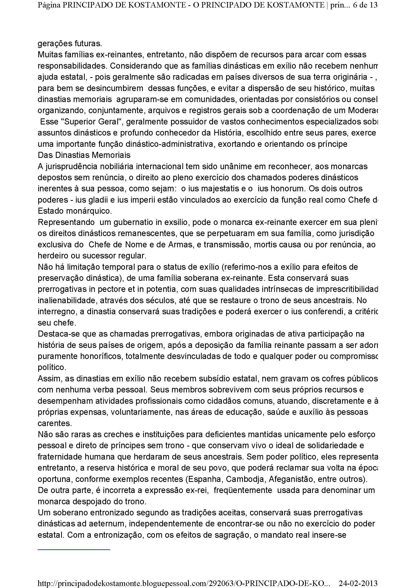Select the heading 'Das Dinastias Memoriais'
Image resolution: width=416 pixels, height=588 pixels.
click(x=84, y=155)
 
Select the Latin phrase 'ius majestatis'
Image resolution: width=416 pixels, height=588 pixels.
click(x=209, y=189)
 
